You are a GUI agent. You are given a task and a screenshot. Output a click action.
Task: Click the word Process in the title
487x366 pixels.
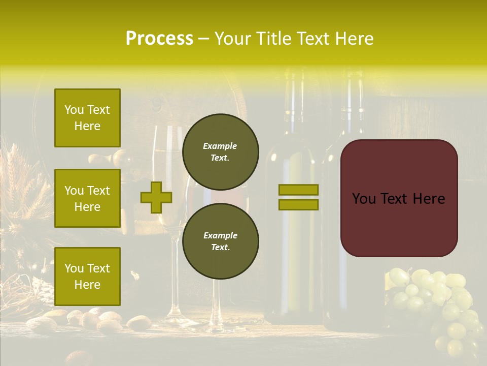(x=159, y=39)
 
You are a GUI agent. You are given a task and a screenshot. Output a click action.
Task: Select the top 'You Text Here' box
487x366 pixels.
(x=87, y=118)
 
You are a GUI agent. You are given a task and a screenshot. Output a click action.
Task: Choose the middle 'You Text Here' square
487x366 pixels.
(x=87, y=198)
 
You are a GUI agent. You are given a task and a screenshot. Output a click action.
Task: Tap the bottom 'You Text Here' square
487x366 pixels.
(x=87, y=277)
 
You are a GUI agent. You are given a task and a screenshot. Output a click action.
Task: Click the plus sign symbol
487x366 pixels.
(x=156, y=197)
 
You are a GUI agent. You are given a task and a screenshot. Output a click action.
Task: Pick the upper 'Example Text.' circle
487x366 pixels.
(x=220, y=152)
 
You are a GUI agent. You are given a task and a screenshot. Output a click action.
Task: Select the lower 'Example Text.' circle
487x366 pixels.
(x=220, y=241)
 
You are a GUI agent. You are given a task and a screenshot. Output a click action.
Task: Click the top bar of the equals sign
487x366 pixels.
(x=298, y=190)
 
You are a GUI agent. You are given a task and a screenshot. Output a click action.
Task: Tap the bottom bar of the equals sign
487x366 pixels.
(x=298, y=204)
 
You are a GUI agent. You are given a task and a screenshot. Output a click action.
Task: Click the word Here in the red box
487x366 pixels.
(x=429, y=199)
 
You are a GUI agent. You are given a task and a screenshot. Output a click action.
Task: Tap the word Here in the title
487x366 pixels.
(x=355, y=39)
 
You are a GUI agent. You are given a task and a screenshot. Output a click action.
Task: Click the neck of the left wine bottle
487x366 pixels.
(x=294, y=107)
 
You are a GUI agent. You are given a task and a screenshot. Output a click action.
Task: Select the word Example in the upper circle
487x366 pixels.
(x=220, y=146)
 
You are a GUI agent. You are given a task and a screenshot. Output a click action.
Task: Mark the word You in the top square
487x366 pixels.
(x=74, y=110)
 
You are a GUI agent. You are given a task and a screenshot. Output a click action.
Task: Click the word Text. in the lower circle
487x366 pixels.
(x=220, y=248)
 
